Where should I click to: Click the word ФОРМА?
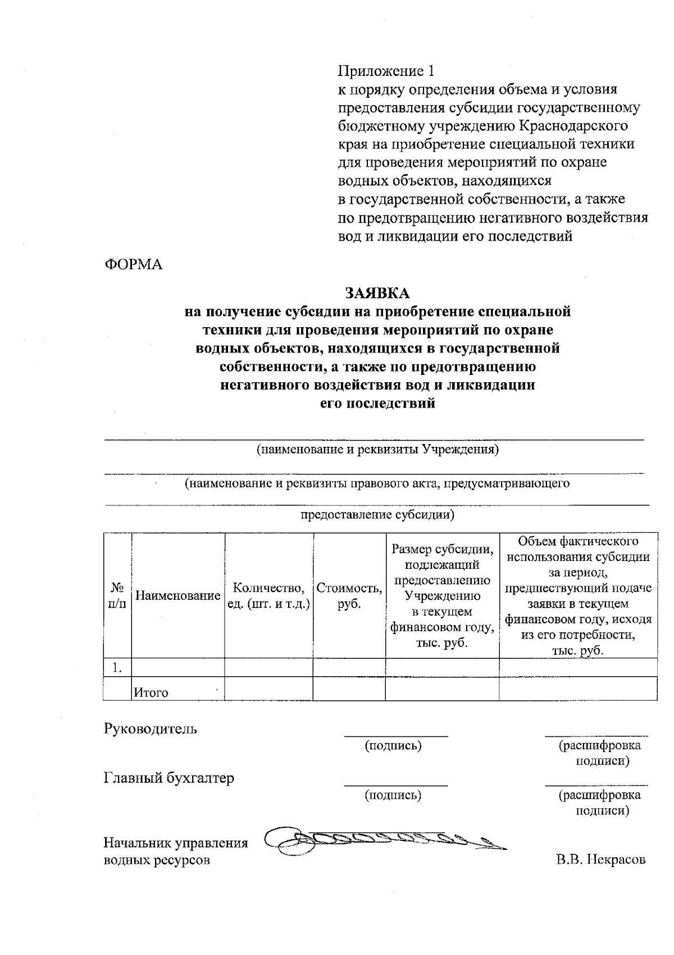pos(133,265)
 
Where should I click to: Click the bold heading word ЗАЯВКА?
pos(377,293)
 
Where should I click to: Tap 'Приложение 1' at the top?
pos(385,71)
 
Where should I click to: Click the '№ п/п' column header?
pos(117,596)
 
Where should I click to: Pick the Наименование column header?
pos(177,596)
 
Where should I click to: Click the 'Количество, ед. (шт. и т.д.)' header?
pos(268,596)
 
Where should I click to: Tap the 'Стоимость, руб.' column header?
pos(349,596)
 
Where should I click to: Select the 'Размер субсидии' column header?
pos(442,596)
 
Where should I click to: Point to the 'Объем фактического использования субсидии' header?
pos(578,596)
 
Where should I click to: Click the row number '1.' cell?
pos(117,668)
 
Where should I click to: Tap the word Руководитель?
pos(151,729)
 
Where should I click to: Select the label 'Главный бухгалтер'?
pos(169,778)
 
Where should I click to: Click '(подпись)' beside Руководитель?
pos(393,746)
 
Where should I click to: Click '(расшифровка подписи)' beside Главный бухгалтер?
pos(599,803)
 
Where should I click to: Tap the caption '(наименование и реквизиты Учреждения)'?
pos(377,450)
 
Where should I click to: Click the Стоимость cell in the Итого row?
pos(349,689)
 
